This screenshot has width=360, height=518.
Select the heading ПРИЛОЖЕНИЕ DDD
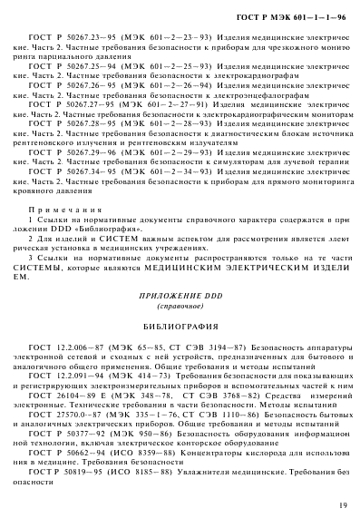point(180,298)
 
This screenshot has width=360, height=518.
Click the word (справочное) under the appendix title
point(180,309)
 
